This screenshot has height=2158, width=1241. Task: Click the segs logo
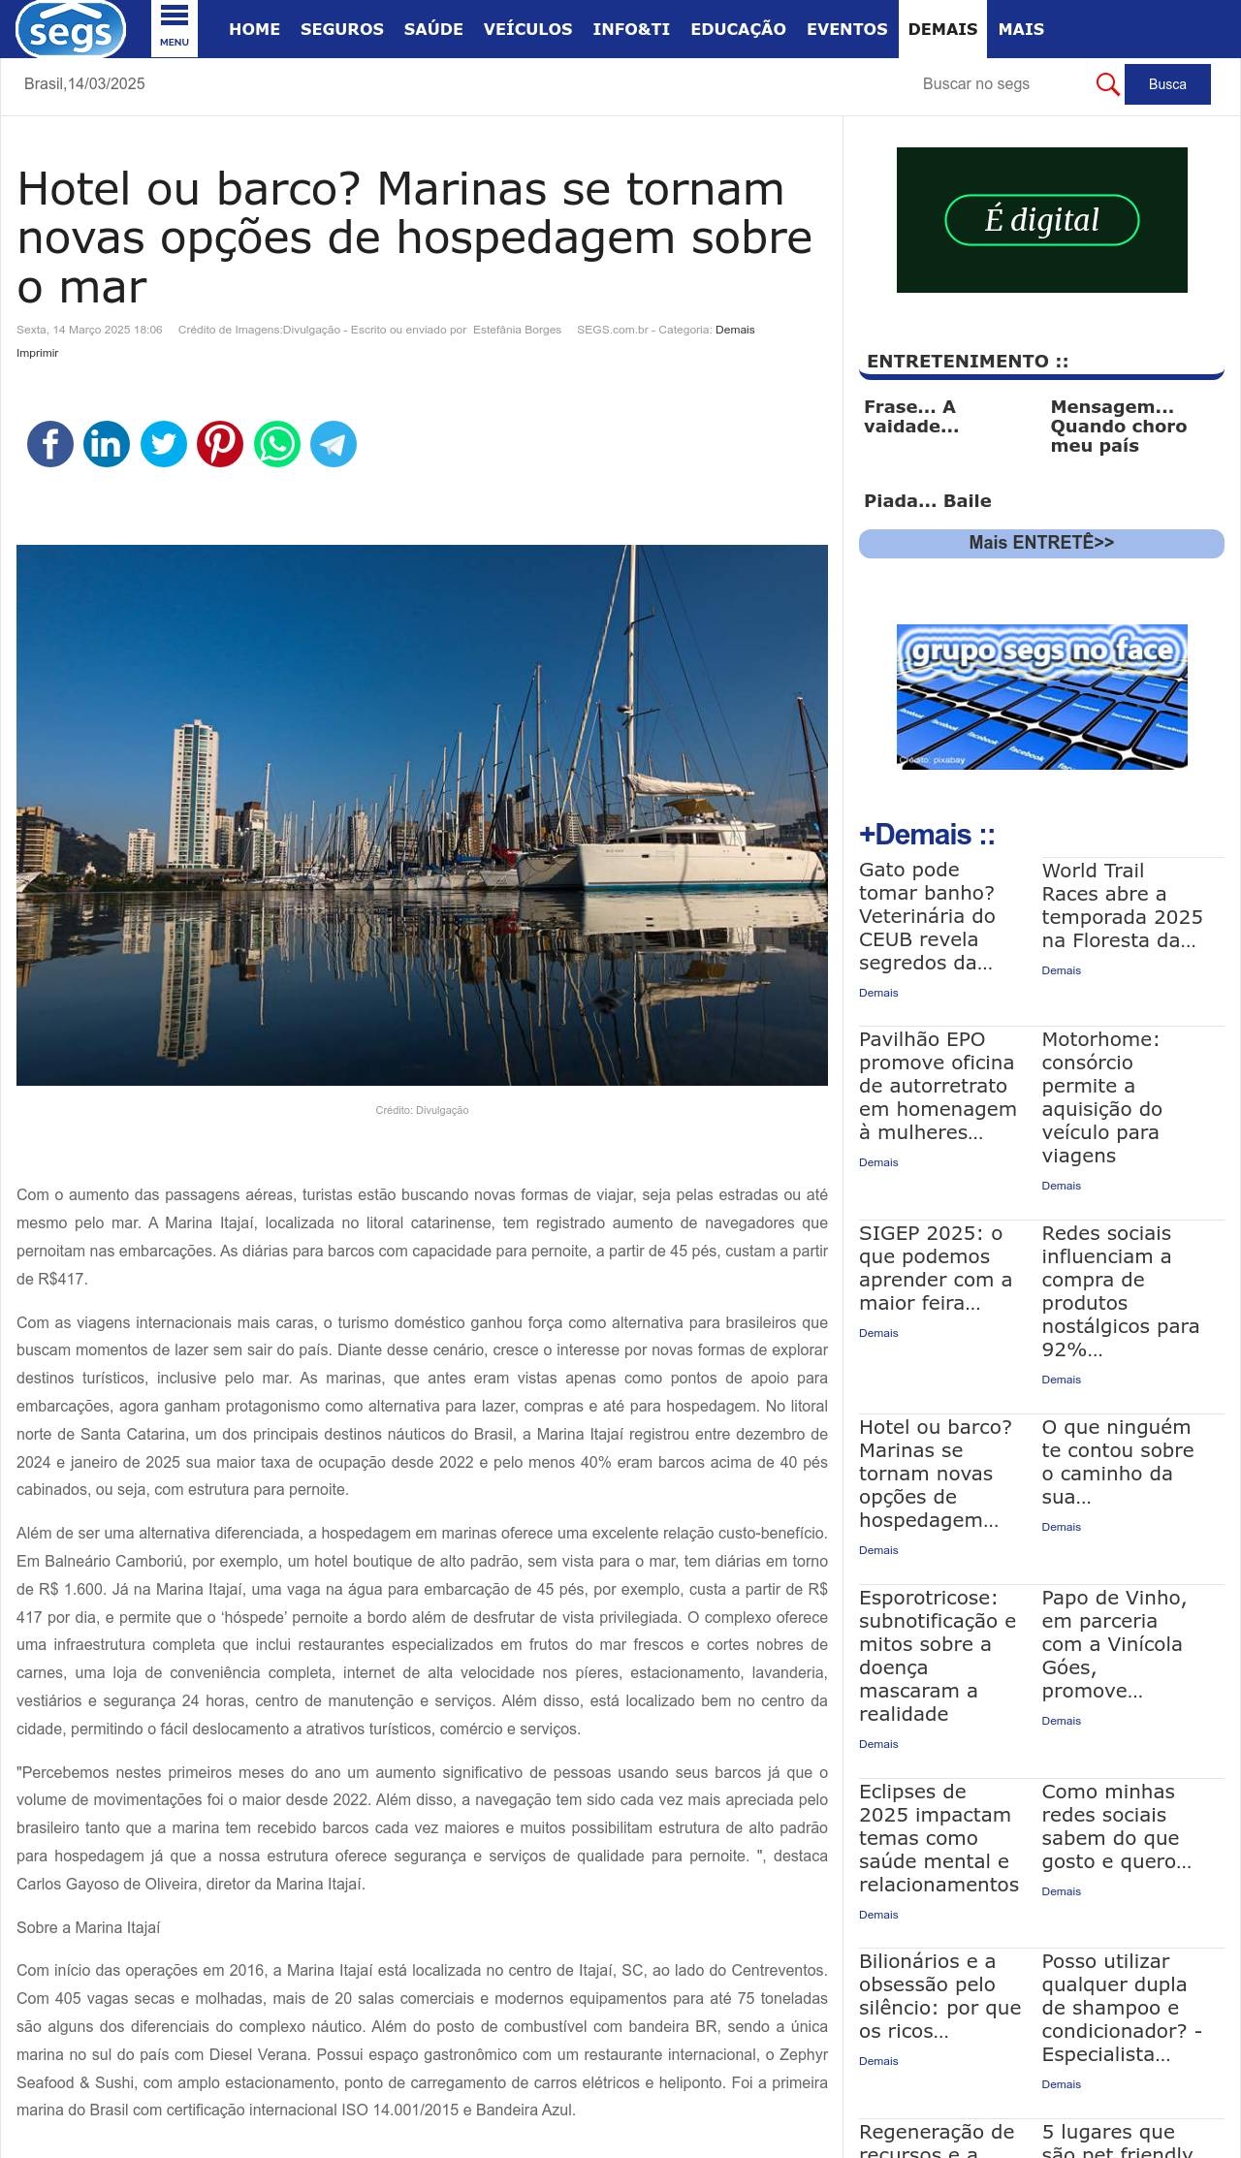tap(70, 29)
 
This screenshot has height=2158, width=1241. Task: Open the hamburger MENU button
tap(175, 28)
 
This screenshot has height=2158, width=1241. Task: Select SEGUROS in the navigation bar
tap(341, 29)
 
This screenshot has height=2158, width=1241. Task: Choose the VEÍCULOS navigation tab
tap(527, 29)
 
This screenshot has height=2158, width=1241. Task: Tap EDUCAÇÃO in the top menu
tap(738, 29)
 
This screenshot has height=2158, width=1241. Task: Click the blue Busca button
tap(1166, 84)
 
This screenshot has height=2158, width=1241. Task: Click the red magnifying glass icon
tap(1107, 84)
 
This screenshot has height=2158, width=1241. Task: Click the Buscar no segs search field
tap(999, 84)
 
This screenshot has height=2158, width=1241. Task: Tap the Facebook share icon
tap(50, 444)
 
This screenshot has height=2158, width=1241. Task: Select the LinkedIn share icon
tap(107, 444)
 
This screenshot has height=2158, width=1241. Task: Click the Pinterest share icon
tap(220, 444)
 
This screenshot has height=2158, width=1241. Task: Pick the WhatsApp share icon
tap(277, 444)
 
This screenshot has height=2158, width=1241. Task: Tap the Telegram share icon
tap(334, 444)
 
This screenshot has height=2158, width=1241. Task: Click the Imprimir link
tap(38, 353)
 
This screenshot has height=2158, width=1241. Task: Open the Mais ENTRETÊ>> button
tap(1041, 543)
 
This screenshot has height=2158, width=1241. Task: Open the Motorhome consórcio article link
tap(1101, 1096)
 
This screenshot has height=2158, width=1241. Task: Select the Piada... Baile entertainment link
tap(927, 501)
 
